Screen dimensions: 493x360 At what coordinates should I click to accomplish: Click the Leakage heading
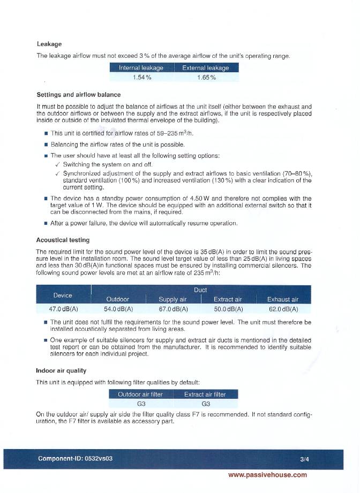click(x=49, y=44)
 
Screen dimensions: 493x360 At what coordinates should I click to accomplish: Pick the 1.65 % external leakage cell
click(x=206, y=78)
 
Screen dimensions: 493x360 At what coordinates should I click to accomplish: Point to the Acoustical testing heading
click(x=63, y=240)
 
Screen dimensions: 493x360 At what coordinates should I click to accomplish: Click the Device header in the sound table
click(x=63, y=295)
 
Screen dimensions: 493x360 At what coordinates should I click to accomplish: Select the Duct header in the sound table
click(x=200, y=290)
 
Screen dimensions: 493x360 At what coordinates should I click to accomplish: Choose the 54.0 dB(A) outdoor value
click(x=118, y=309)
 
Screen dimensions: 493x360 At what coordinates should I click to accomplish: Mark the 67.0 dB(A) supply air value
click(x=173, y=309)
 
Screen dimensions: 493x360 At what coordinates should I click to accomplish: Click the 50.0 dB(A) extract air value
click(x=228, y=309)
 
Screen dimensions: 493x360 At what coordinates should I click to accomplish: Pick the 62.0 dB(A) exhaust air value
click(x=283, y=309)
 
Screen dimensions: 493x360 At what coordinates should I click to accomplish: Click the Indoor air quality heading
click(x=61, y=370)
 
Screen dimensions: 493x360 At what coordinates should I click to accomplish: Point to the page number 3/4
click(x=305, y=459)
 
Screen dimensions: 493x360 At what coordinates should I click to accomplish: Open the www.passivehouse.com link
click(x=267, y=475)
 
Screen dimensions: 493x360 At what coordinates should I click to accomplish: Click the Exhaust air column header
click(x=283, y=299)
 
